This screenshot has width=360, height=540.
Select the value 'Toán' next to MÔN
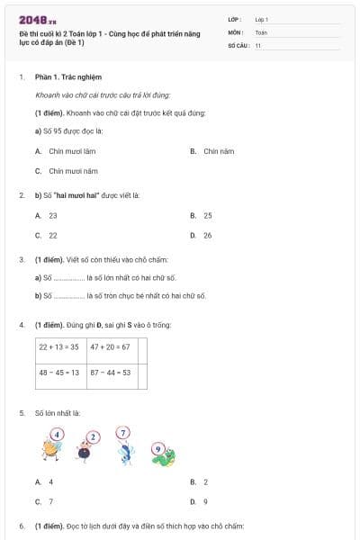click(261, 31)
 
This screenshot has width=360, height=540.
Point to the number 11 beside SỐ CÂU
click(258, 45)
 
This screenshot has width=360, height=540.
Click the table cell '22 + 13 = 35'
click(58, 346)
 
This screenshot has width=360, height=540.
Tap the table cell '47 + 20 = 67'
click(110, 346)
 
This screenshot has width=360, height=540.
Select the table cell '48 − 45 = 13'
click(58, 372)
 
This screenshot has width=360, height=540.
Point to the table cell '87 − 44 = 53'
click(110, 372)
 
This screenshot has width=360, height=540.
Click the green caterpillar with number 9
click(162, 454)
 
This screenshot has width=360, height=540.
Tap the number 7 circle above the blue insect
click(123, 433)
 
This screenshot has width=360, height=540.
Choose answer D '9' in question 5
click(205, 501)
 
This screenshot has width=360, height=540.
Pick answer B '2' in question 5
click(205, 482)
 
